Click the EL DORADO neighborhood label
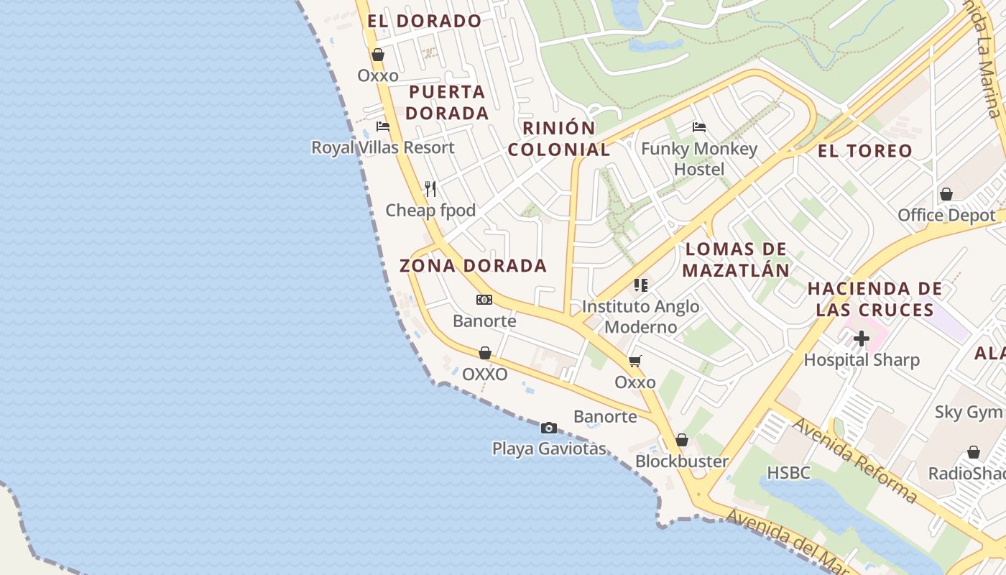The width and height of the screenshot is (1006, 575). [x=424, y=21]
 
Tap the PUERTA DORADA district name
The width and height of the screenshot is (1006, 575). [x=447, y=103]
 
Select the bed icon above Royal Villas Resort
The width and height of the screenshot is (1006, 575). [x=383, y=126]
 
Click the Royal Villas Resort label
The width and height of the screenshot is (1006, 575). [x=382, y=147]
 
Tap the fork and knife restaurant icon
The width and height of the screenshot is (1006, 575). [x=430, y=189]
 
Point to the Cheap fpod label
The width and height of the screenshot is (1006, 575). [x=430, y=210]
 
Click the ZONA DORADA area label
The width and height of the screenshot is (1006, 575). [x=473, y=265]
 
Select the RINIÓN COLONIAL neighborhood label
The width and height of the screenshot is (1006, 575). [x=559, y=139]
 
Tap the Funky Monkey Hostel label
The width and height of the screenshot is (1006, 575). [x=699, y=159]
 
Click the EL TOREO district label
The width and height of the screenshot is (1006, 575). [x=865, y=151]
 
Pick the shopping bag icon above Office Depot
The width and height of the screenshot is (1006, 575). [x=946, y=194]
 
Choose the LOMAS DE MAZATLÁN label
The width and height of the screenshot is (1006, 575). [x=736, y=259]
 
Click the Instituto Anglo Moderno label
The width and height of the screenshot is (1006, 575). [x=640, y=316]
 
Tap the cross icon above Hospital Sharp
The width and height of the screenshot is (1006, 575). [x=862, y=339]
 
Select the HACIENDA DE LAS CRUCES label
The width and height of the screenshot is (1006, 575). [x=875, y=299]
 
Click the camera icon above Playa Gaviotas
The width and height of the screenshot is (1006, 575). [x=548, y=428]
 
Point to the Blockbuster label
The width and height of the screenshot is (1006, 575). [x=682, y=461]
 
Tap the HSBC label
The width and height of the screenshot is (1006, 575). [x=788, y=472]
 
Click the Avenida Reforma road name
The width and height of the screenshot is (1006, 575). [x=854, y=460]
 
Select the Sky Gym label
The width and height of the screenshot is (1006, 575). [x=968, y=412]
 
